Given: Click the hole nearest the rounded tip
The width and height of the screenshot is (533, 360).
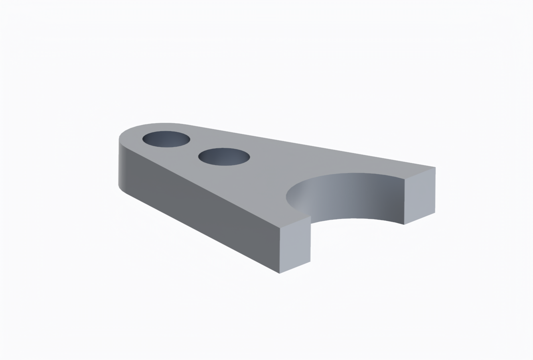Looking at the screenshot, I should pyautogui.click(x=166, y=139).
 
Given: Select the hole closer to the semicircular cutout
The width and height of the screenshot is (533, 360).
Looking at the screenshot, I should pyautogui.click(x=224, y=157).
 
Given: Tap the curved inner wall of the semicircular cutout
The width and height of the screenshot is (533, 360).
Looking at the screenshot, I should pyautogui.click(x=351, y=195).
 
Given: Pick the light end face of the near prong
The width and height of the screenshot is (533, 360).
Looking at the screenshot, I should pyautogui.click(x=295, y=244).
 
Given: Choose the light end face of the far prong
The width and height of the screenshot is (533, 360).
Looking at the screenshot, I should pyautogui.click(x=420, y=195).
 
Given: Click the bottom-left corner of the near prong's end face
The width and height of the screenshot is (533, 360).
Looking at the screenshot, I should pyautogui.click(x=280, y=273).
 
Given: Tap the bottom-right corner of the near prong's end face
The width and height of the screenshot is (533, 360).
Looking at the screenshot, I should pyautogui.click(x=310, y=262).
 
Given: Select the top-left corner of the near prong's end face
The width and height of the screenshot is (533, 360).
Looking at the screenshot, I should pyautogui.click(x=280, y=228).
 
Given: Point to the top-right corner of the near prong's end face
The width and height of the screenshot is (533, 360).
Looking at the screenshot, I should pyautogui.click(x=311, y=216).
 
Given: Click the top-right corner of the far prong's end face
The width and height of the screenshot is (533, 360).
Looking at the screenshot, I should pyautogui.click(x=435, y=167).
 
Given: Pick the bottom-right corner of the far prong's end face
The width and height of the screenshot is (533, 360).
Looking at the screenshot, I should pyautogui.click(x=435, y=212).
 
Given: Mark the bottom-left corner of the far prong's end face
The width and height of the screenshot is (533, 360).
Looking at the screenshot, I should pyautogui.click(x=404, y=224).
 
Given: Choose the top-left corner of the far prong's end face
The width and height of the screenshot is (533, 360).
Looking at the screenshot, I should pyautogui.click(x=405, y=179).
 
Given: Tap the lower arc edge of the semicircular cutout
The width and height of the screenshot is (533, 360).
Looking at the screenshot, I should pyautogui.click(x=355, y=219).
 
